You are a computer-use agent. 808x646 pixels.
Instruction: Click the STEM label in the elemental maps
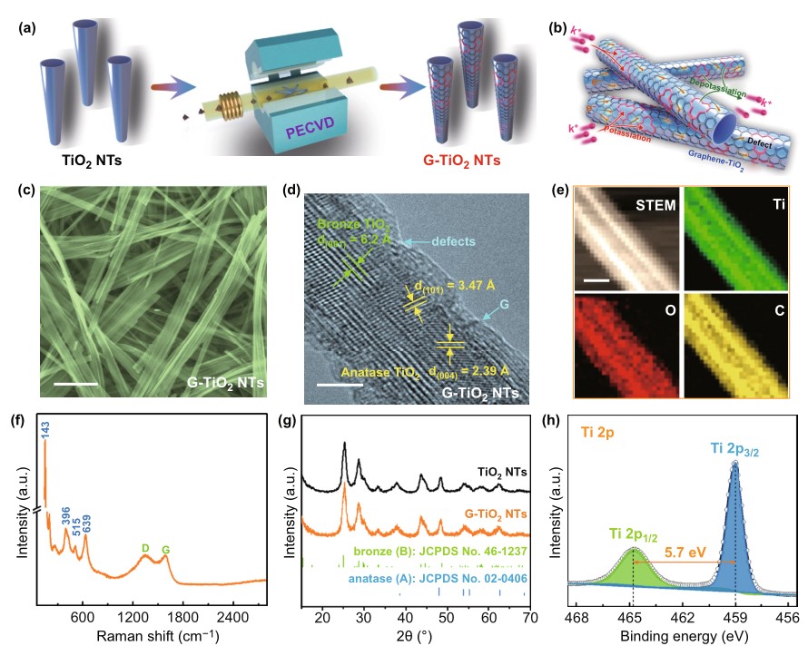click(656, 207)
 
